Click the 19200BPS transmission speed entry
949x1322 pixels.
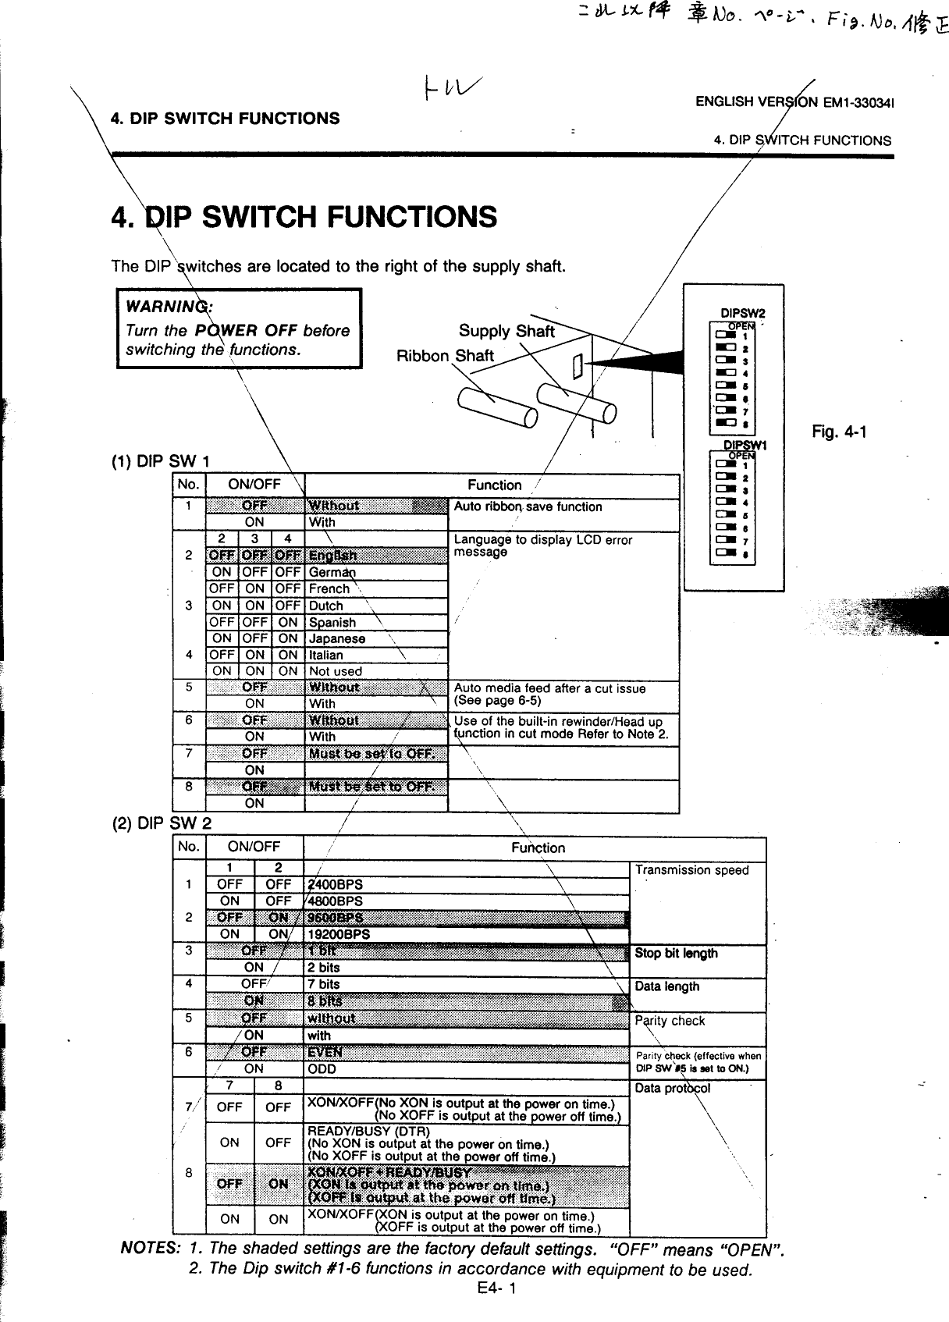tap(339, 934)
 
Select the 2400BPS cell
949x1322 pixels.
tap(336, 884)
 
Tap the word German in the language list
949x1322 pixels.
tap(327, 572)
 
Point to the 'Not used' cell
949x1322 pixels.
tap(336, 671)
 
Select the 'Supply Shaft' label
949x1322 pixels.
tap(506, 331)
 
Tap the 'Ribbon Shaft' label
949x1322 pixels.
tap(446, 357)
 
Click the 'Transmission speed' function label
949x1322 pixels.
tap(691, 870)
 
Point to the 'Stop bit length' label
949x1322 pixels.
tap(676, 953)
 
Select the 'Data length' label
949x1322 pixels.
tap(667, 986)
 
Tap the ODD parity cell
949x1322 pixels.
tap(322, 1069)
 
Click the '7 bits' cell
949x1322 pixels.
tap(324, 984)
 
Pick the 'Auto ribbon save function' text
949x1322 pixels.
tap(528, 506)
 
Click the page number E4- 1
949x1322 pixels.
tap(495, 1288)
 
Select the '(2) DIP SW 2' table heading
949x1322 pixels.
tap(162, 824)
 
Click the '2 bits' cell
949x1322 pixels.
tap(324, 968)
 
